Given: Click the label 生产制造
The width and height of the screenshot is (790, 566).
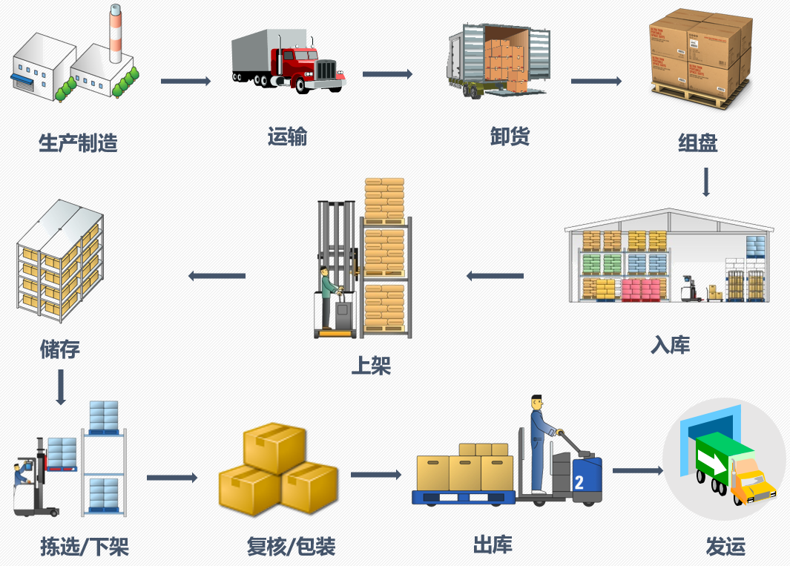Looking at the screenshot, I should tap(78, 143).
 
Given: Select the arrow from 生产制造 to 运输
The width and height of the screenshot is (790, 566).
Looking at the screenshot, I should tap(185, 81).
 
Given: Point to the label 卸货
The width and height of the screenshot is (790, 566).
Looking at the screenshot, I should tap(510, 136).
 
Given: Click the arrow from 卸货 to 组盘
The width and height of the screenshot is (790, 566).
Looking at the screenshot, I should tap(596, 81).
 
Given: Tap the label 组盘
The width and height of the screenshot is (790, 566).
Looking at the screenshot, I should tap(697, 142).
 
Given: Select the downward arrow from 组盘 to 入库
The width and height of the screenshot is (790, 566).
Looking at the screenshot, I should tap(706, 182).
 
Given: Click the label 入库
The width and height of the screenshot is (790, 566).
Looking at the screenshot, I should tap(670, 345).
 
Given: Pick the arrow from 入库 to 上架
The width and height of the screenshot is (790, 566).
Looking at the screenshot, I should tap(495, 276).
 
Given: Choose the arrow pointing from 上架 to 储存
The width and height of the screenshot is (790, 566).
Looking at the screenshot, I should tap(217, 276).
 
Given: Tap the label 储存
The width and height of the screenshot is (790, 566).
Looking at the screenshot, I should tap(59, 349).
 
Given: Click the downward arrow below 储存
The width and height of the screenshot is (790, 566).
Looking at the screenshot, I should tap(61, 386).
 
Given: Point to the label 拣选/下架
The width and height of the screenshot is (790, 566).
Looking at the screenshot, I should tap(85, 547).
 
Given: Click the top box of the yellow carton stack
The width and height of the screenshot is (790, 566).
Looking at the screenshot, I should tap(274, 445).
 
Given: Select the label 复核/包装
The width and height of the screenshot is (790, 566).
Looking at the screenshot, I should tap(291, 547).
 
